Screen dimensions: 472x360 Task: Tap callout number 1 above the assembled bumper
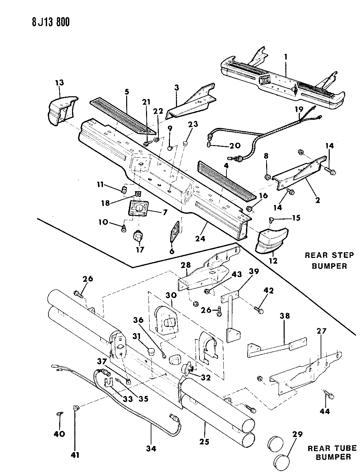click(286, 58)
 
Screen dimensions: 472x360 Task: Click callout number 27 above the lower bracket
click(321, 331)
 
